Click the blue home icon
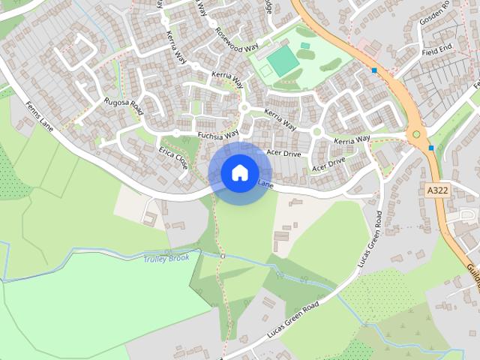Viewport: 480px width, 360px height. [x=239, y=172]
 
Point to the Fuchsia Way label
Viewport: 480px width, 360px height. [x=217, y=134]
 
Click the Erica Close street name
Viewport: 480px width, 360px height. [x=172, y=157]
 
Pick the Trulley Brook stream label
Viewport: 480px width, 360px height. [x=166, y=258]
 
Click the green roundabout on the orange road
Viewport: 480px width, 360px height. [x=416, y=134]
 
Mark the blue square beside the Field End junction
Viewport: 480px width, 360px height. [x=374, y=70]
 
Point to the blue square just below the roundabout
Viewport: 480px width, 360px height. [x=431, y=148]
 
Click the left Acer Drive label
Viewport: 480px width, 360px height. [x=283, y=154]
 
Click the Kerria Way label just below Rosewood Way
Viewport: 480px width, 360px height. [x=227, y=77]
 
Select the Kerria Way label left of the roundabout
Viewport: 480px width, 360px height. [x=352, y=140]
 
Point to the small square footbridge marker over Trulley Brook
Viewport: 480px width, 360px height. [x=223, y=256]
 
